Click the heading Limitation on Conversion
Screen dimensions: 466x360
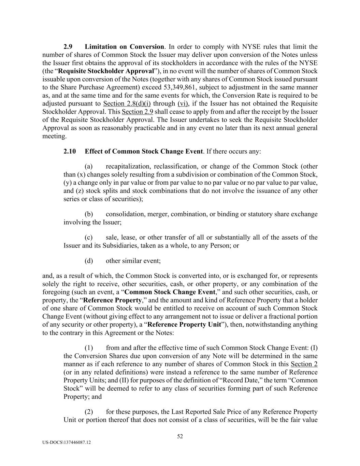[124, 47]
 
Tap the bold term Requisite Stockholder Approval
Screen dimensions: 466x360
[106, 71]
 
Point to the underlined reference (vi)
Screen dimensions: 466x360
[183, 103]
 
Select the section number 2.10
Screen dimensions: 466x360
[70, 151]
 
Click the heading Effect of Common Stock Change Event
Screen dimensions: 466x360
[144, 151]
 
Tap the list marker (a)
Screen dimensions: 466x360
[89, 167]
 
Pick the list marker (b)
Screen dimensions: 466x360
[89, 214]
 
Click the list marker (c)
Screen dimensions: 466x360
[89, 238]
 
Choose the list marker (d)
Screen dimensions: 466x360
[89, 261]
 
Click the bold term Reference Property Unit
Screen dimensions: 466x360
[184, 324]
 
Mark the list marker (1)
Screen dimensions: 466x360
[89, 348]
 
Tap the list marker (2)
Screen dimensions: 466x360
[89, 412]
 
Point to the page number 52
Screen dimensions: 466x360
[180, 436]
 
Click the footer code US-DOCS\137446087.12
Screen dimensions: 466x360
[67, 442]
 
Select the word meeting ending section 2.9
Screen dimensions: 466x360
[54, 136]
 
